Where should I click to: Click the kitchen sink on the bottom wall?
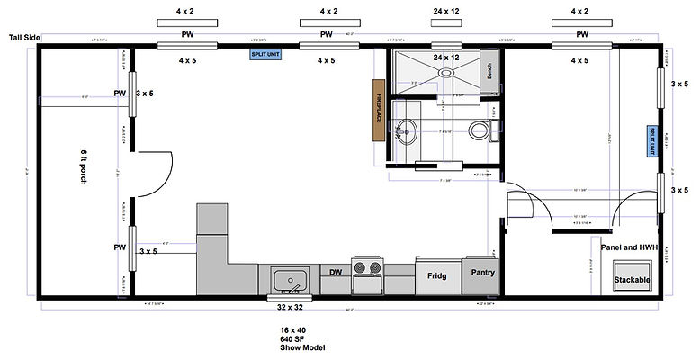(289, 279)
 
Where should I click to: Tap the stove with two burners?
(367, 269)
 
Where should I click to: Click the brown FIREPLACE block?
(379, 110)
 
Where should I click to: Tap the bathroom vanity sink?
(407, 131)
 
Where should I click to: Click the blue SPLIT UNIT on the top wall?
(266, 55)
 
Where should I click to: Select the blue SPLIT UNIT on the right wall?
(652, 142)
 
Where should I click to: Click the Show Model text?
(301, 347)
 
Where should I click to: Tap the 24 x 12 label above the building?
(445, 11)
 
